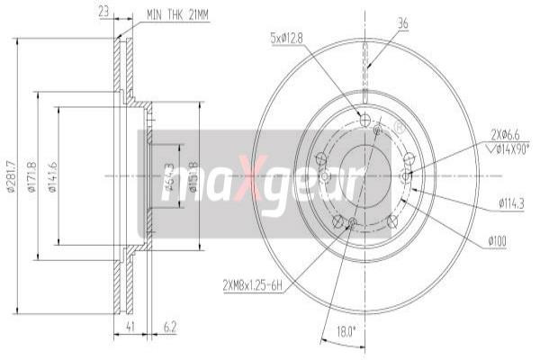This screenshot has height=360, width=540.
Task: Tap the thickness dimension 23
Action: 103,13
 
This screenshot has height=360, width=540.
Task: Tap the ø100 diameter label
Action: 499,241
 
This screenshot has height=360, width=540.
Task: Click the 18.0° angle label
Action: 346,330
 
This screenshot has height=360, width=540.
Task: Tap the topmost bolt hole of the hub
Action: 364,121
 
